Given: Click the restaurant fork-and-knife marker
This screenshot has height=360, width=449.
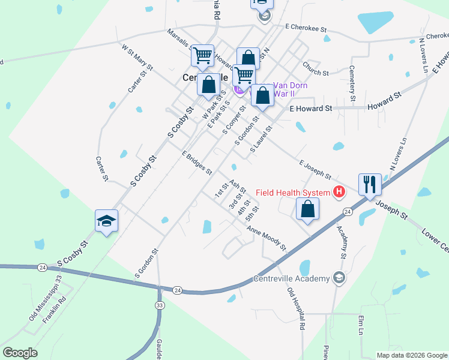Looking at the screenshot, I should [x=370, y=184].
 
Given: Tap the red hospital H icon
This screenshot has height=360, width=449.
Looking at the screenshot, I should [x=339, y=193].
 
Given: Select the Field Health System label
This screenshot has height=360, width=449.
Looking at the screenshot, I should [x=293, y=193].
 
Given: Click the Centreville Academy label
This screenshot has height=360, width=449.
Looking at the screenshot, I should [x=292, y=278].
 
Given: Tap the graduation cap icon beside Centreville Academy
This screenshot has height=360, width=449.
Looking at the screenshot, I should [x=339, y=277].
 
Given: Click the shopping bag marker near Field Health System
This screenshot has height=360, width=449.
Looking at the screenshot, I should [x=307, y=209].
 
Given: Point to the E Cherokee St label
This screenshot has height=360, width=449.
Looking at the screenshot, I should [x=306, y=28].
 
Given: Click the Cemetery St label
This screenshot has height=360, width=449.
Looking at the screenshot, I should [x=352, y=83].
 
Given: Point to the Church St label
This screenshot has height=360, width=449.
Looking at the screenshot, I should [x=316, y=69].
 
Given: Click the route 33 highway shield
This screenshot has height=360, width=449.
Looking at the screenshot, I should [x=160, y=305].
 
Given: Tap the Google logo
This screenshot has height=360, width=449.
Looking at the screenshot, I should [x=20, y=353].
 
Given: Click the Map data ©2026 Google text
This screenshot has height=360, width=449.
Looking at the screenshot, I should [x=411, y=355].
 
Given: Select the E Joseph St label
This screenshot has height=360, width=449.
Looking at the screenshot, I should [x=315, y=170].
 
